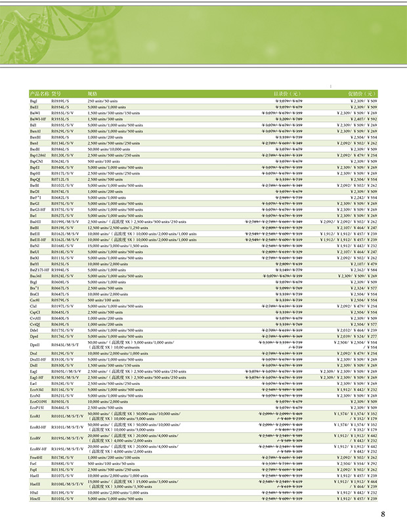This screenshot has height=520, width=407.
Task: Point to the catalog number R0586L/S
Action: pos(60,149)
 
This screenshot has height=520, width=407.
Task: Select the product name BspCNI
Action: pos(35,161)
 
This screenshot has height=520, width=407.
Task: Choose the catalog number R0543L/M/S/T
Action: pos(64,344)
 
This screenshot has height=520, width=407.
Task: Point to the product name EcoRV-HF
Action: pos(37,448)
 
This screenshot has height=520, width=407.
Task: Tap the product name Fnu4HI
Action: pos(35,457)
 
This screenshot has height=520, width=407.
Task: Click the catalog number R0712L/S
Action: pos(60,179)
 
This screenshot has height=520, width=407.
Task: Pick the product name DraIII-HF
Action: pos(37,360)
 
